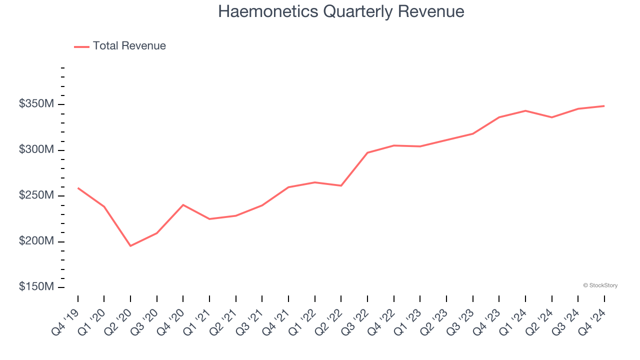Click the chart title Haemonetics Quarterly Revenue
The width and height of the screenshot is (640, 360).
click(341, 11)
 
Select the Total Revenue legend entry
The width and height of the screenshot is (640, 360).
click(120, 46)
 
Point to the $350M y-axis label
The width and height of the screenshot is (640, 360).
click(36, 104)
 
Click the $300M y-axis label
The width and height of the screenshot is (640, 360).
click(36, 150)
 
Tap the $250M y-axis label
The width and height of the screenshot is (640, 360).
click(36, 195)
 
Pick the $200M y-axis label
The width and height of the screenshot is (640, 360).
click(36, 241)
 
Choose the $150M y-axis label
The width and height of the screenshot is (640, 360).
click(36, 287)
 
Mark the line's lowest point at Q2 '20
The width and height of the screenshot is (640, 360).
click(130, 246)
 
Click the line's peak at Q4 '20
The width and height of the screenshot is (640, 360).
click(183, 204)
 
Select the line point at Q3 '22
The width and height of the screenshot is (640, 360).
click(367, 152)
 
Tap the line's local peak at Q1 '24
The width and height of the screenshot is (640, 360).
click(525, 110)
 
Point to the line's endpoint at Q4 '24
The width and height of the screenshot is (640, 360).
click(604, 106)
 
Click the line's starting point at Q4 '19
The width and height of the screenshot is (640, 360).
click(78, 188)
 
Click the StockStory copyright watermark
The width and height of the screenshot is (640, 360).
click(600, 285)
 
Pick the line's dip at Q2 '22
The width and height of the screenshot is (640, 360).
click(341, 185)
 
